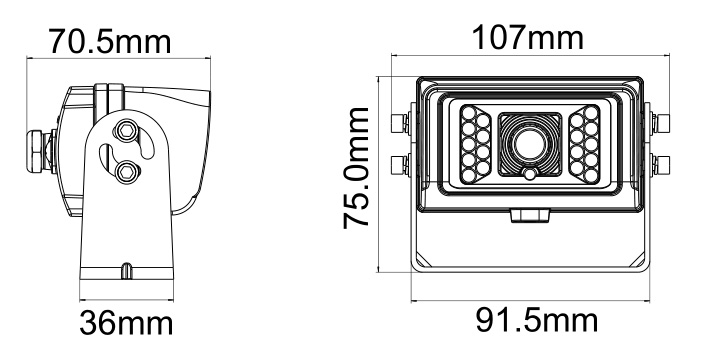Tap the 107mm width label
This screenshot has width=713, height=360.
tap(516, 40)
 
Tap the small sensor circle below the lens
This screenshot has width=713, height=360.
tap(529, 176)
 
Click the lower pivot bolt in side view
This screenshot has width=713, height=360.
tap(127, 172)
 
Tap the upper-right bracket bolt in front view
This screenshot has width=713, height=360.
tap(656, 123)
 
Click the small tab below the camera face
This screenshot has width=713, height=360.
tap(529, 216)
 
